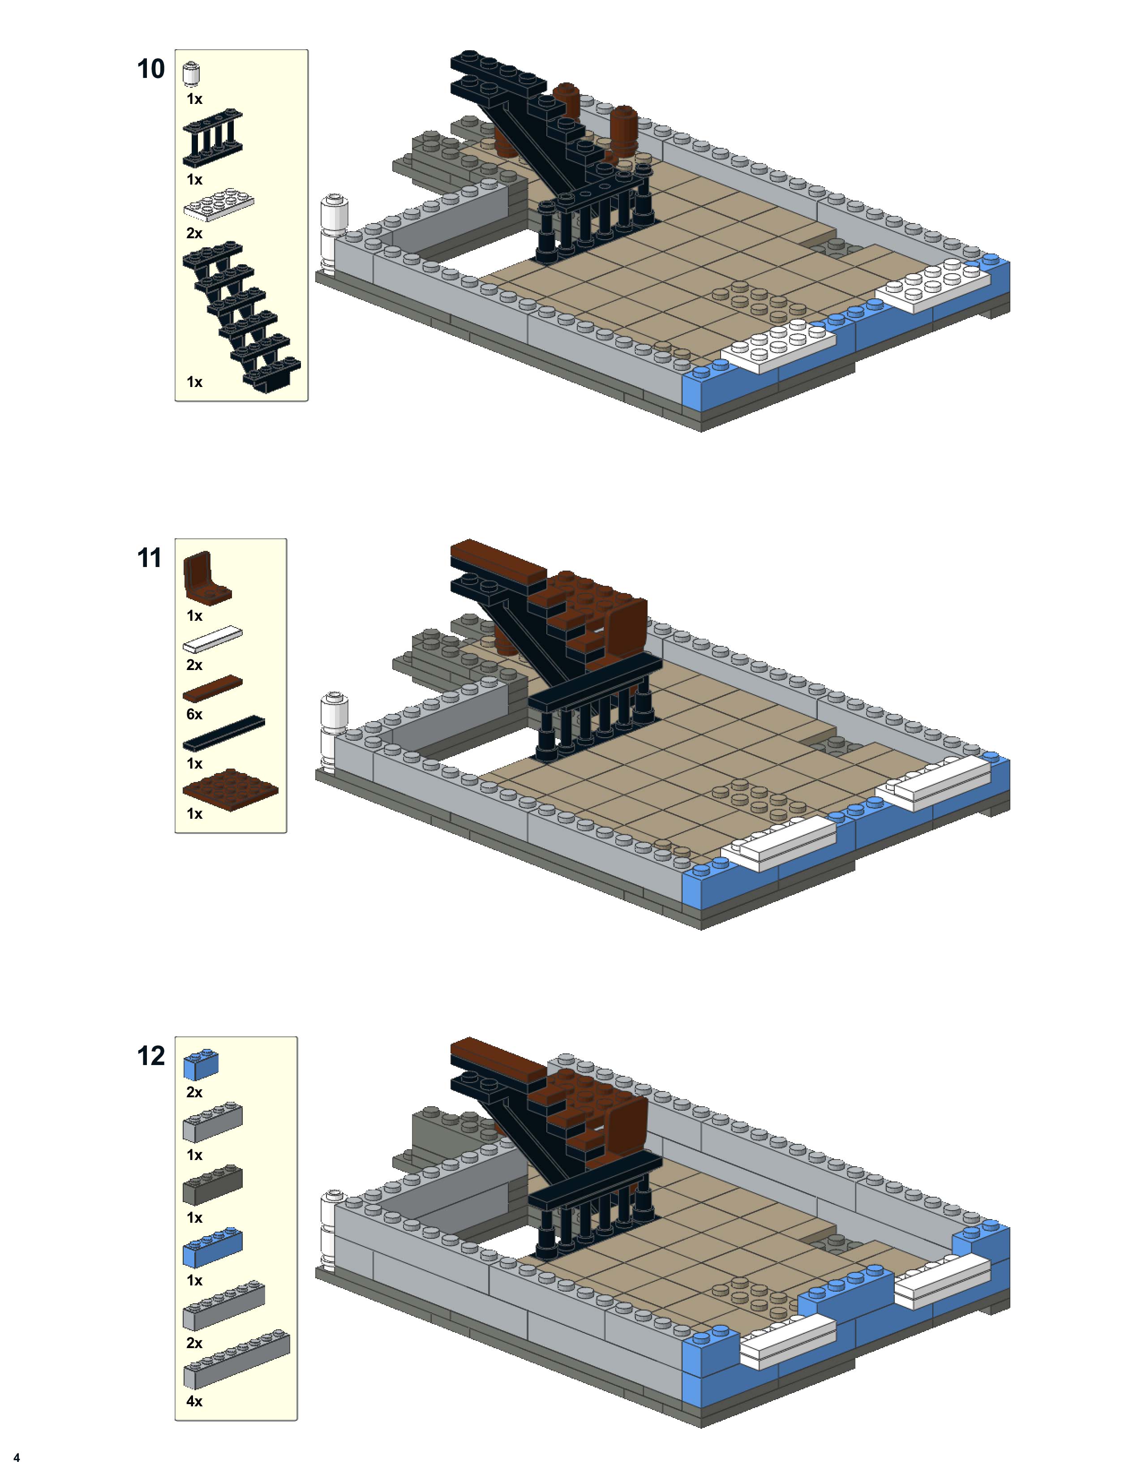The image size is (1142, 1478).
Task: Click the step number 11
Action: pyautogui.click(x=150, y=559)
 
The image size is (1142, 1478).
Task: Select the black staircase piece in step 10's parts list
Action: pyautogui.click(x=240, y=317)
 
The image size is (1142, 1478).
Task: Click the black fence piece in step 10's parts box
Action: pyautogui.click(x=212, y=137)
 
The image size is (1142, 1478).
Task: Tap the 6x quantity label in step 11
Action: pyautogui.click(x=194, y=715)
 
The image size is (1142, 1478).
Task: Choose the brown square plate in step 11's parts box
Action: pyautogui.click(x=230, y=789)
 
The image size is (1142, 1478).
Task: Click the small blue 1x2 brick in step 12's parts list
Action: pyautogui.click(x=201, y=1065)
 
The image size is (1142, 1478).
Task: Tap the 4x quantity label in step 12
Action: pyautogui.click(x=194, y=1401)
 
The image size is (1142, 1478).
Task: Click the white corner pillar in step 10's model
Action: pyautogui.click(x=334, y=233)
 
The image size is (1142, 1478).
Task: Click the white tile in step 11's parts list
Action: pyautogui.click(x=212, y=639)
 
